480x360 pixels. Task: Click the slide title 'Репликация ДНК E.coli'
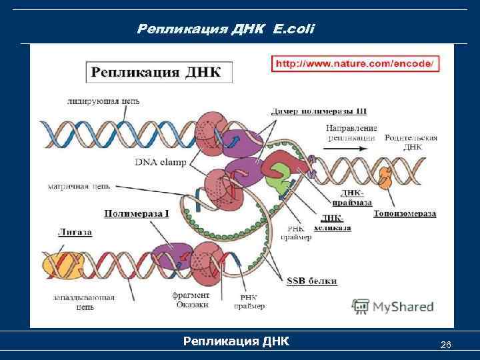coord(225,29)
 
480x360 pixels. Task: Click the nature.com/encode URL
coord(354,64)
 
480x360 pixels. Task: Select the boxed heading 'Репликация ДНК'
coord(157,72)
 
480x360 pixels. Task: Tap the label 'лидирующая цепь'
coord(103,101)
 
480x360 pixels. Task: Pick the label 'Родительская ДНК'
coord(411,142)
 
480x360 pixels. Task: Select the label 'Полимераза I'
coord(136,213)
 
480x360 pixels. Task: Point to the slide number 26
coord(446,345)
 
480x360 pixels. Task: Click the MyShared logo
coord(393,307)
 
